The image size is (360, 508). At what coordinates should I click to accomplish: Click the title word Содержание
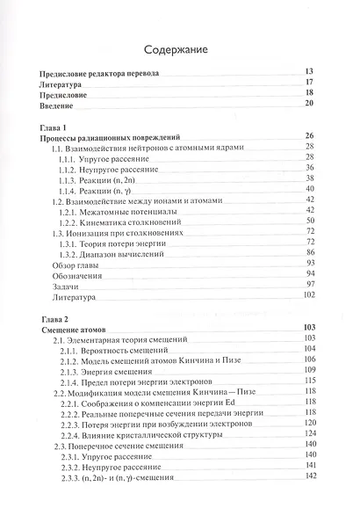[x=179, y=50]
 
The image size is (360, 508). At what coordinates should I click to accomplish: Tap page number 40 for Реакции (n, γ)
[x=309, y=189]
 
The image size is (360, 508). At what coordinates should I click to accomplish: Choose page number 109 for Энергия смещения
[x=307, y=372]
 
